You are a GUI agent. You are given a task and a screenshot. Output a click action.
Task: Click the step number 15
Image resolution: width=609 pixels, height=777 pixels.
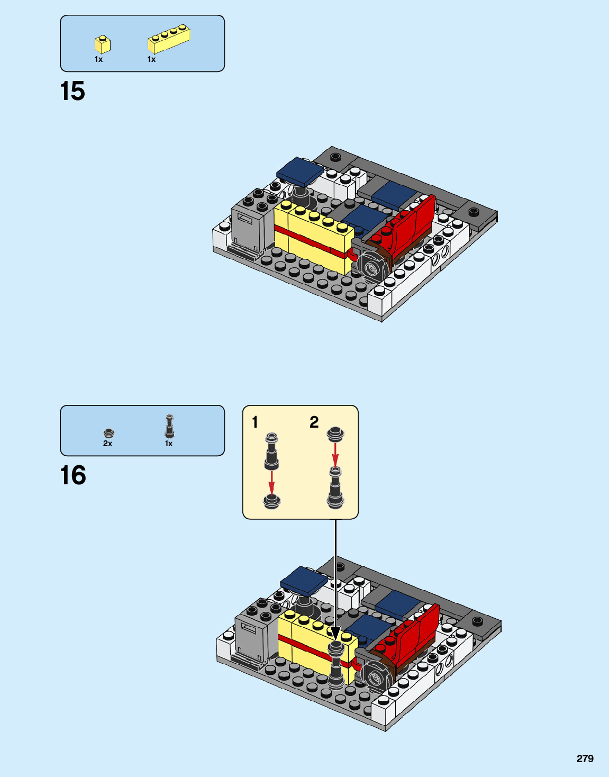72,92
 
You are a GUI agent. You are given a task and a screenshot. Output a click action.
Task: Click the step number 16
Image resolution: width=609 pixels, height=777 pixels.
73,475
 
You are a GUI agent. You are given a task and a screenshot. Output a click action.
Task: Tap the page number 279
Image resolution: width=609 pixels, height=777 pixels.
585,758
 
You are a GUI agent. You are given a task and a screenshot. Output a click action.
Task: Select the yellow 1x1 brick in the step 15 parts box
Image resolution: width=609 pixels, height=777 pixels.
102,44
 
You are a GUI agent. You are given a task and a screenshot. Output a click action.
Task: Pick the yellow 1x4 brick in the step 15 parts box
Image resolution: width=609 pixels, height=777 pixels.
169,39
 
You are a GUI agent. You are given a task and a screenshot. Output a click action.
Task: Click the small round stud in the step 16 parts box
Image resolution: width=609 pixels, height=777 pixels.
108,433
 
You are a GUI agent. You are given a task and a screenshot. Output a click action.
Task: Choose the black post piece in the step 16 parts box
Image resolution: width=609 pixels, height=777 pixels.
169,427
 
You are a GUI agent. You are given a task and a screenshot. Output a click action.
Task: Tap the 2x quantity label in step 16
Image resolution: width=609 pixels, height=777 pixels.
107,444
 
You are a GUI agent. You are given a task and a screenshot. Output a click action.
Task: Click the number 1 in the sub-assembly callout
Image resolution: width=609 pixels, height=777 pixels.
255,422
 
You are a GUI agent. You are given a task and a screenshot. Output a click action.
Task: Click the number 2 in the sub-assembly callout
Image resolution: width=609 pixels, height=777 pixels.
314,422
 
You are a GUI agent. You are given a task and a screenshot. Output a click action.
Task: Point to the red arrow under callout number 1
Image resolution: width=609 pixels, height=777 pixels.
271,482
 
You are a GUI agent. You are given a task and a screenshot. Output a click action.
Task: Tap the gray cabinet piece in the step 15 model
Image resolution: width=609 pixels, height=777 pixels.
247,229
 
